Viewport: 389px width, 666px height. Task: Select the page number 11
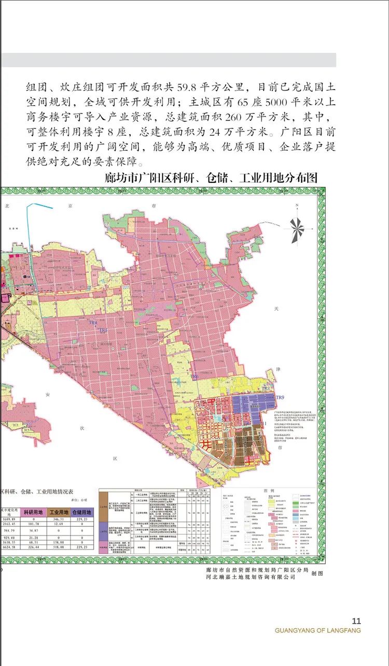pyautogui.click(x=356, y=621)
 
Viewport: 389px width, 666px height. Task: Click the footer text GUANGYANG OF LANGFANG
pyautogui.click(x=317, y=630)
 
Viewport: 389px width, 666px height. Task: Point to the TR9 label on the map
pyautogui.click(x=281, y=397)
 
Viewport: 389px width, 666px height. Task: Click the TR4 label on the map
pyautogui.click(x=93, y=323)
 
